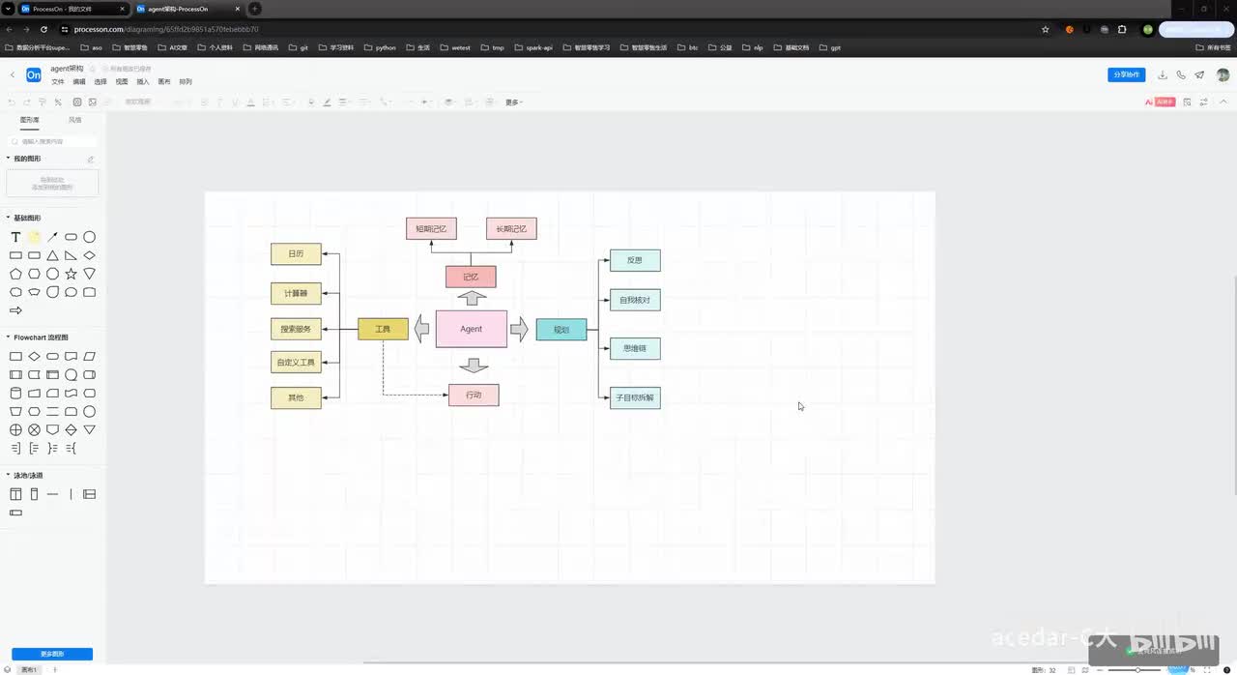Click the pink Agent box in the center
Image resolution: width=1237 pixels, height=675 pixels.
point(471,329)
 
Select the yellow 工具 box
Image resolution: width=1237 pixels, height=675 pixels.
point(383,329)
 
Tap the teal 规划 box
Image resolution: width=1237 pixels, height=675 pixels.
point(561,330)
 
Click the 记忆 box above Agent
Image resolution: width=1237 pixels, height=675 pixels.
point(471,277)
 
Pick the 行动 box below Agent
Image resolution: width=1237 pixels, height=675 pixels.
point(474,395)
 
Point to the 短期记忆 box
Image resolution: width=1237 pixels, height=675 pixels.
point(431,229)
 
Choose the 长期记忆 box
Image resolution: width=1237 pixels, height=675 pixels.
point(511,229)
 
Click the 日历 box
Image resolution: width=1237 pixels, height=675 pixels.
point(296,253)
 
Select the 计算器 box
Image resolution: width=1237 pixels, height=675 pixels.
point(296,293)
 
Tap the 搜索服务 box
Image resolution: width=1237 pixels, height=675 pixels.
point(296,329)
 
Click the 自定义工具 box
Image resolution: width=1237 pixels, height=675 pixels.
point(296,363)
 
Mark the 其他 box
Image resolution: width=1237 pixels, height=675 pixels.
point(296,397)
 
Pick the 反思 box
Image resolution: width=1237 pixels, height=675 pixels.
point(635,260)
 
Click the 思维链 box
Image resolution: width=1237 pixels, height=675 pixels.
point(635,348)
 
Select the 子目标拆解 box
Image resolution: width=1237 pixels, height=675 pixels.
point(635,397)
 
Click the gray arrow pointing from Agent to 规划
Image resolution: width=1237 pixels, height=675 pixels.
point(519,329)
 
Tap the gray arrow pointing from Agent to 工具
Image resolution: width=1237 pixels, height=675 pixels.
point(421,329)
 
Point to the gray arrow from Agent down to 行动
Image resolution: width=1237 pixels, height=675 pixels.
point(474,365)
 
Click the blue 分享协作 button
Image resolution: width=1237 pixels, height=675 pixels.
point(1127,74)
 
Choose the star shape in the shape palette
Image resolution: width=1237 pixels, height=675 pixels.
point(71,274)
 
